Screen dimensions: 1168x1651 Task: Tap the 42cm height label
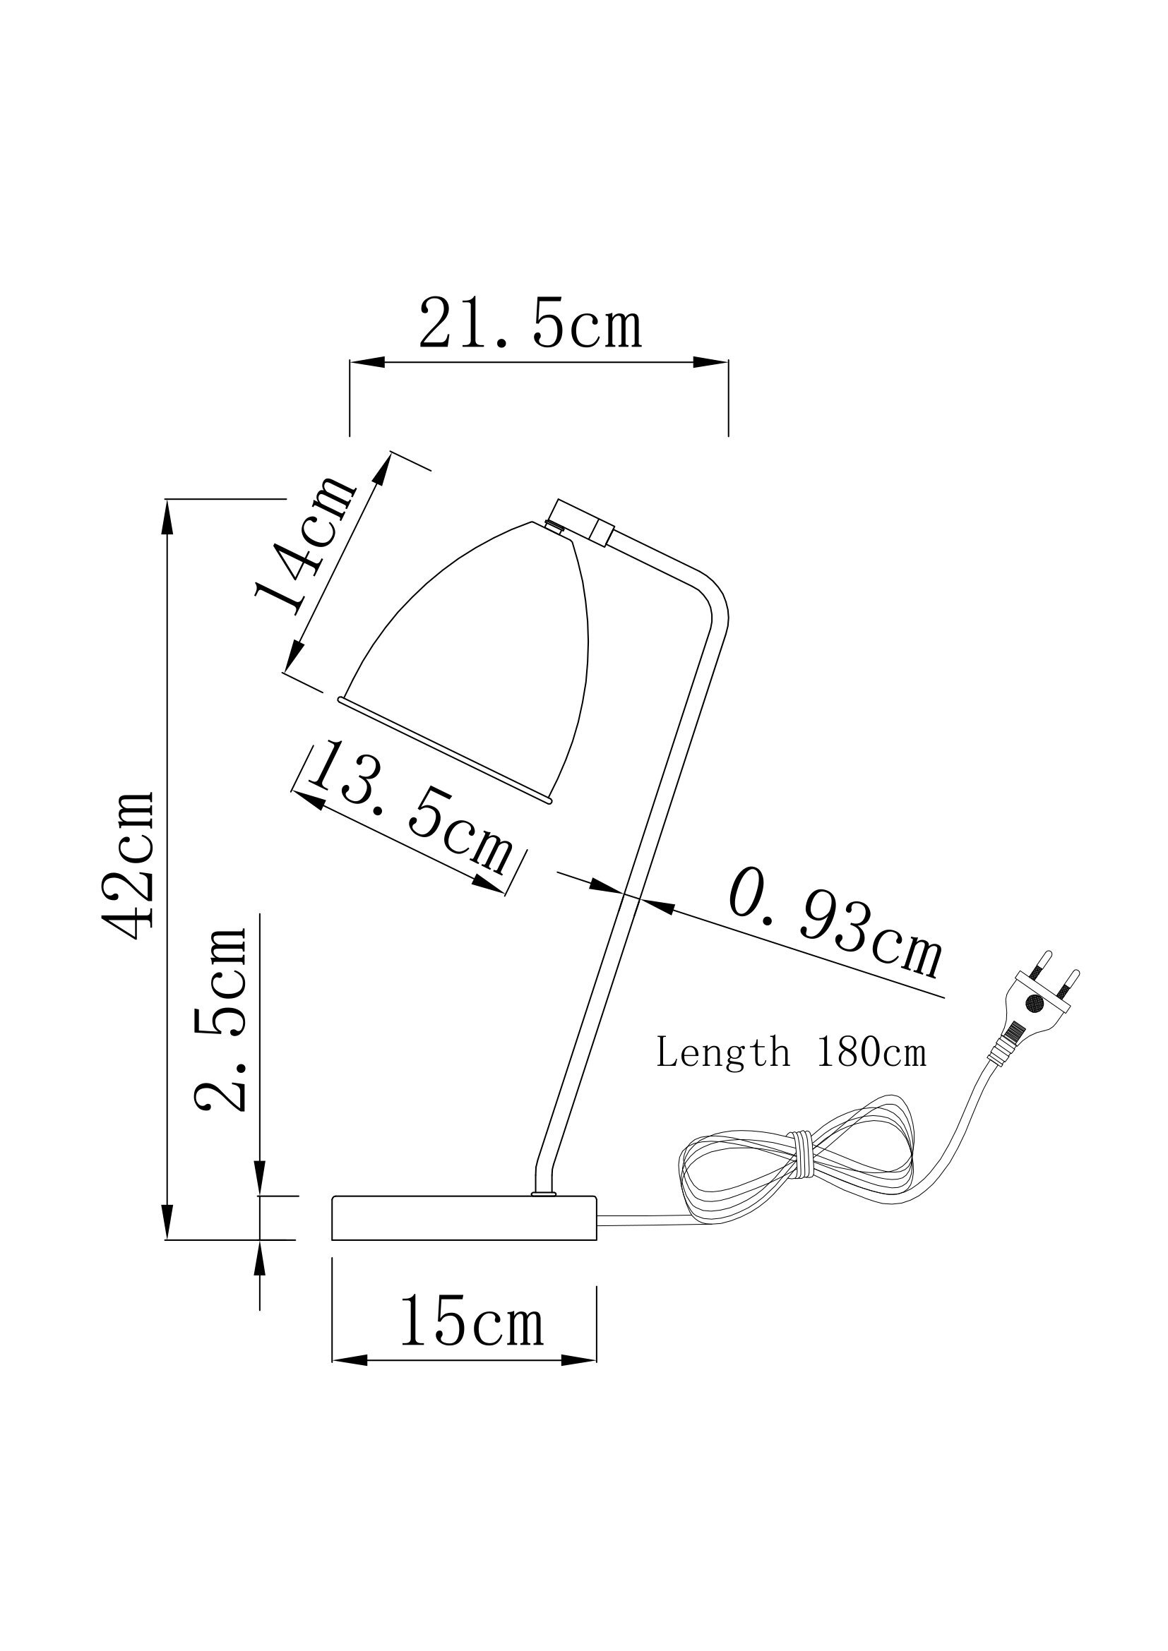[x=129, y=867]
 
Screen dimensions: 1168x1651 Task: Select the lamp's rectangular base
[x=464, y=1218]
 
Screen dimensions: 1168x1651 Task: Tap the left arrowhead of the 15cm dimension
[x=349, y=1360]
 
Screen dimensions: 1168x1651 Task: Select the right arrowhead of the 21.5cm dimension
[x=710, y=362]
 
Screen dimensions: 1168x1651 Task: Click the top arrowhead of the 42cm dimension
[x=167, y=516]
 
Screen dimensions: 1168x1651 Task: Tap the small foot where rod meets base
[x=543, y=1194]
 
